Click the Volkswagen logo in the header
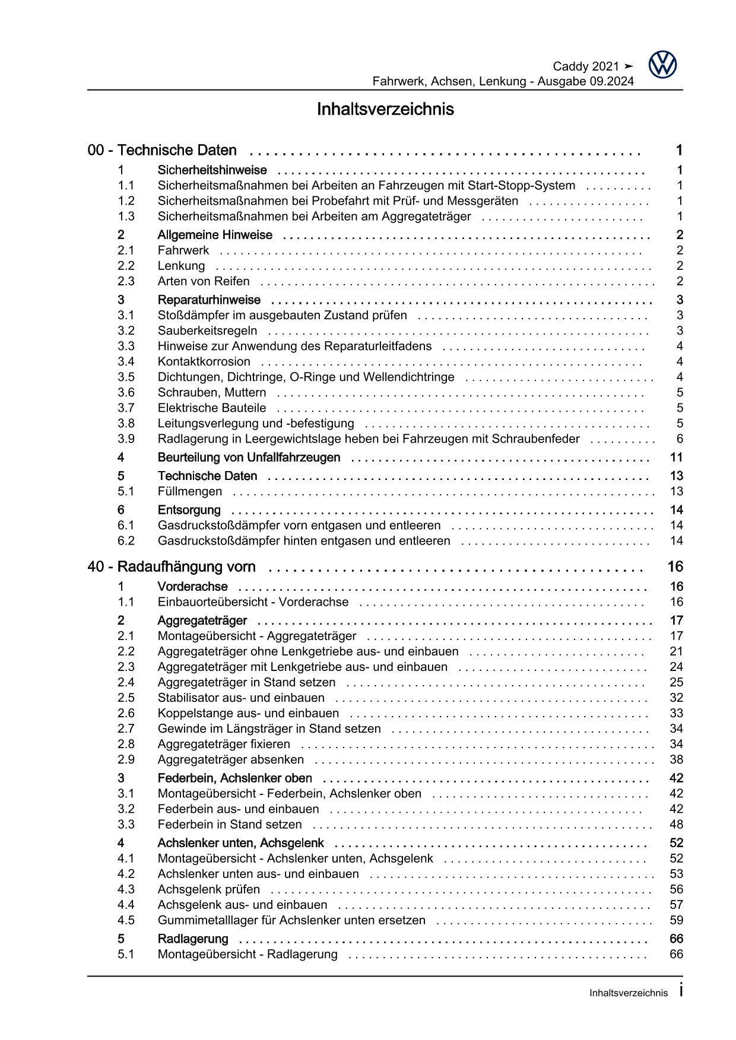[x=662, y=64]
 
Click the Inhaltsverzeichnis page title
[x=385, y=109]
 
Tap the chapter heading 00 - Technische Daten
[x=162, y=151]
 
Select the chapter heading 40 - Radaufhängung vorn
[x=172, y=567]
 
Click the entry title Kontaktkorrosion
[x=204, y=362]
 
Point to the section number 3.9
[x=126, y=439]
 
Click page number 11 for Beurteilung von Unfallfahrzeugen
[x=676, y=457]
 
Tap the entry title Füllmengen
[x=190, y=491]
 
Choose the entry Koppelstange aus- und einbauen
[x=248, y=713]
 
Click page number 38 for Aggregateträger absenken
[x=676, y=759]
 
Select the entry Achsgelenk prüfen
[x=208, y=889]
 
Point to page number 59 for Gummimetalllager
[x=676, y=920]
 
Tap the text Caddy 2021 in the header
[x=586, y=66]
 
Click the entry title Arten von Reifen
[x=204, y=281]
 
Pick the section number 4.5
[x=126, y=920]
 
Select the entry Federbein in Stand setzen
[x=230, y=824]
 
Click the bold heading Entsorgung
[x=189, y=510]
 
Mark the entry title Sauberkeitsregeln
[x=207, y=331]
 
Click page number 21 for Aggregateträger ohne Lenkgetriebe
[x=676, y=651]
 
